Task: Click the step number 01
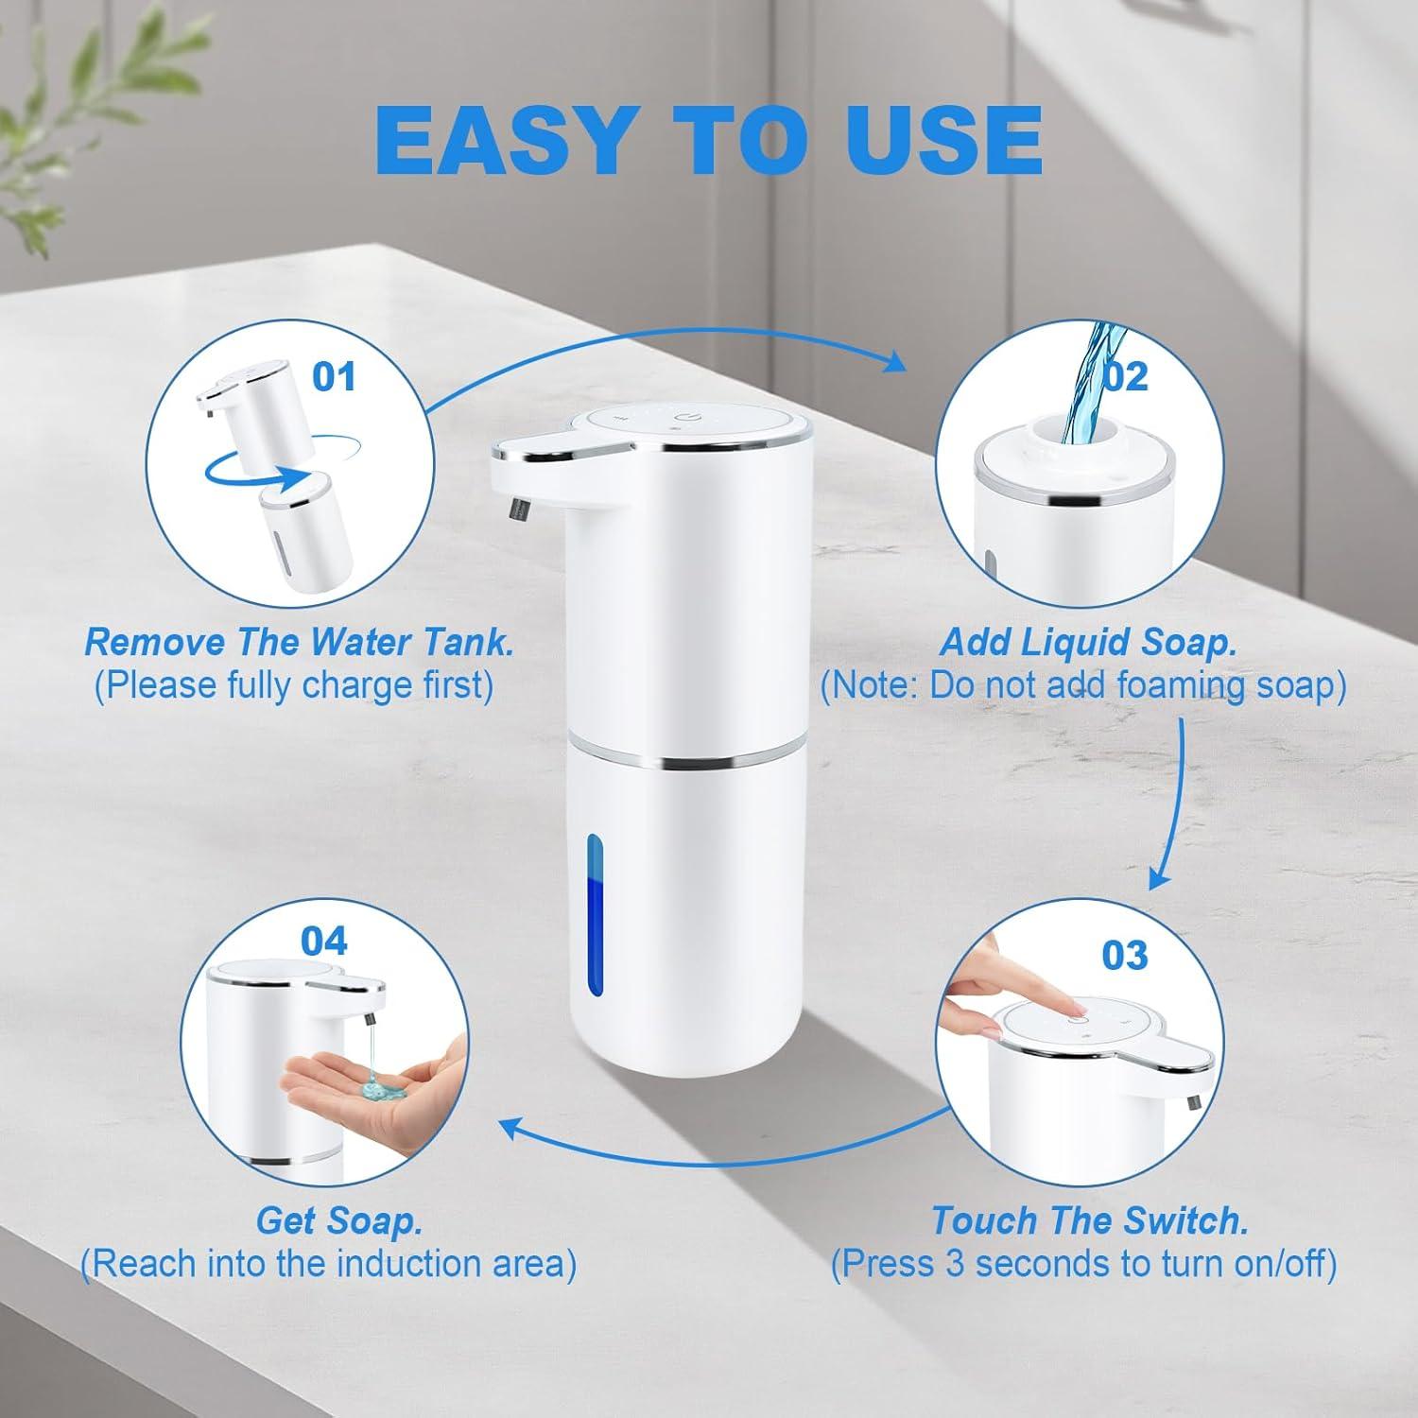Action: (x=334, y=376)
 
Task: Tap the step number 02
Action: (x=1124, y=376)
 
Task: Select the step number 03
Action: (x=1124, y=955)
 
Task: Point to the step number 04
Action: (x=323, y=941)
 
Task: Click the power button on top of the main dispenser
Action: (x=683, y=418)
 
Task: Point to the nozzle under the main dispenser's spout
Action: (x=518, y=510)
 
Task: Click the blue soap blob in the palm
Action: (x=383, y=1090)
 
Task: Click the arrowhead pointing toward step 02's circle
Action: (x=891, y=361)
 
